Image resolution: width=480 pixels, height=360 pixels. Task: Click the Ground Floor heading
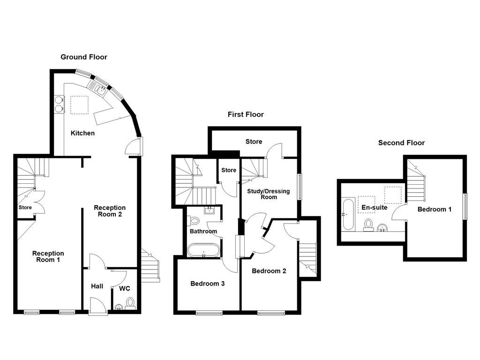pyautogui.click(x=84, y=57)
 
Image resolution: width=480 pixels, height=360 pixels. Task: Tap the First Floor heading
pyautogui.click(x=246, y=114)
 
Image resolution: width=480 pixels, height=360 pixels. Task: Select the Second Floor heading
pyautogui.click(x=401, y=142)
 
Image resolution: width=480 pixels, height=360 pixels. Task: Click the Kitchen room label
pyautogui.click(x=82, y=133)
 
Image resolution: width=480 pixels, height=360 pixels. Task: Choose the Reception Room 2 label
pyautogui.click(x=110, y=211)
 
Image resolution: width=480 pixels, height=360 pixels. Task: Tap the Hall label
pyautogui.click(x=97, y=286)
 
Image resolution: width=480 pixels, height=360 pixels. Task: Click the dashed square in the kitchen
pyautogui.click(x=79, y=105)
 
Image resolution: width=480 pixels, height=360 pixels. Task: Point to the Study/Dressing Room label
pyautogui.click(x=269, y=194)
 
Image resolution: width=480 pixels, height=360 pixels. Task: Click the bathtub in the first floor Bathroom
pyautogui.click(x=203, y=250)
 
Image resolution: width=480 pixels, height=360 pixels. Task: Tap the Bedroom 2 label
pyautogui.click(x=269, y=271)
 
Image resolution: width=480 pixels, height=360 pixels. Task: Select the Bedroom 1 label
pyautogui.click(x=435, y=209)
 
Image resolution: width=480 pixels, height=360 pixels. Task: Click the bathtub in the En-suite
pyautogui.click(x=348, y=215)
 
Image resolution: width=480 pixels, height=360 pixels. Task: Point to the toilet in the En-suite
pyautogui.click(x=369, y=225)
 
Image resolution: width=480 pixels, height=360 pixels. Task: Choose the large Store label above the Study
pyautogui.click(x=254, y=142)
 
